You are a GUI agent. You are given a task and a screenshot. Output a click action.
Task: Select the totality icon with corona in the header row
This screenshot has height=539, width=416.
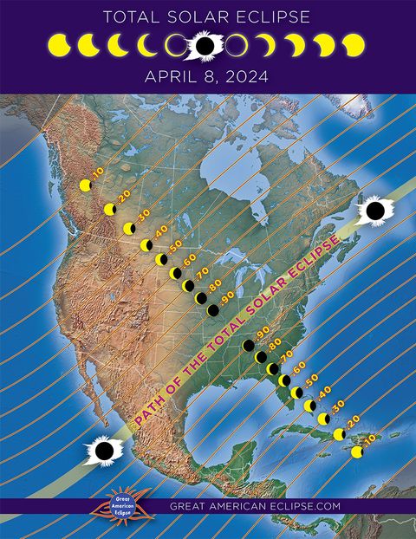205,44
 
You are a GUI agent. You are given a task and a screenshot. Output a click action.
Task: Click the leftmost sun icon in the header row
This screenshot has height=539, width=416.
59,45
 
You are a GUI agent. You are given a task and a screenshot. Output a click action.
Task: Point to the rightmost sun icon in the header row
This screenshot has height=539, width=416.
354,45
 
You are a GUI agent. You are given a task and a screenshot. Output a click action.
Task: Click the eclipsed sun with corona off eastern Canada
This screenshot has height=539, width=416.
376,210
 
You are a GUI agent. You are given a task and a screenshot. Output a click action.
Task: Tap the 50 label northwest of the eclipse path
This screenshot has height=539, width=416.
175,248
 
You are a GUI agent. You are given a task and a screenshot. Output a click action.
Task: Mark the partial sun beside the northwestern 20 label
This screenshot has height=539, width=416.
110,210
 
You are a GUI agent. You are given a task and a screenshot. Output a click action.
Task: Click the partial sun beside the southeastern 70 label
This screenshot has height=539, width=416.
273,369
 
